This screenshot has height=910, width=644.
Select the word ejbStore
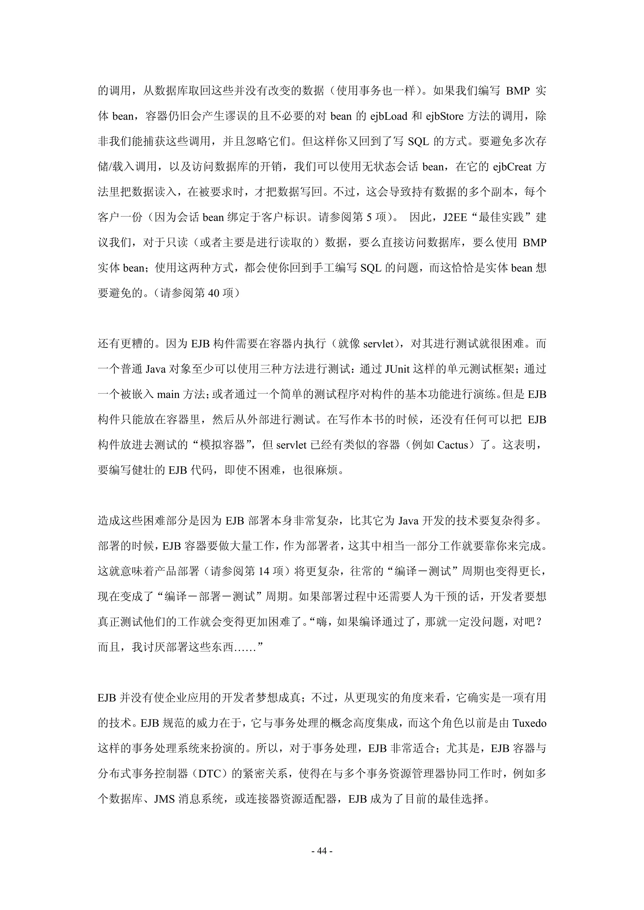[444, 116]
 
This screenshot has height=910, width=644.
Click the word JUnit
[397, 369]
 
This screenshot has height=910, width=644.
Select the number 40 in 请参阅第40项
[214, 293]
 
